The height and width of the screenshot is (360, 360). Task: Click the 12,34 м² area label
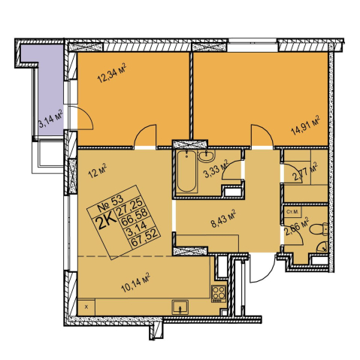click(x=111, y=73)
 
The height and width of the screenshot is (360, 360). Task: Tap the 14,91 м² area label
click(x=305, y=126)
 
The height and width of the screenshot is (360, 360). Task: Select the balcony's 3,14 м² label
click(x=50, y=119)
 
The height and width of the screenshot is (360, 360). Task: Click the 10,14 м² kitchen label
click(x=135, y=283)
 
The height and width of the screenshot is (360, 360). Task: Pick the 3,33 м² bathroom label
click(x=216, y=168)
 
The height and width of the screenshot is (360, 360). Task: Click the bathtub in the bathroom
click(x=186, y=172)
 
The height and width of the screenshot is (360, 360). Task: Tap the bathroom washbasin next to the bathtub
click(x=207, y=156)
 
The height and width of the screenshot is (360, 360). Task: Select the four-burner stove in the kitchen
click(x=219, y=294)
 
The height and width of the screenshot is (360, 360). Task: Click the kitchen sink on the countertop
click(x=180, y=307)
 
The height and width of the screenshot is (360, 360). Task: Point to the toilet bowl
click(x=319, y=229)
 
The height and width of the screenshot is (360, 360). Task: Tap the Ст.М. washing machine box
click(x=292, y=212)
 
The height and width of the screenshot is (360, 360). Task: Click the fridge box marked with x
click(x=86, y=307)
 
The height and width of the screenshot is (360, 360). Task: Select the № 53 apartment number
click(x=110, y=203)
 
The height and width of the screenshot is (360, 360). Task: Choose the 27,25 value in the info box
click(x=130, y=207)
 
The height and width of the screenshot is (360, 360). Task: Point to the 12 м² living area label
click(x=98, y=171)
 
